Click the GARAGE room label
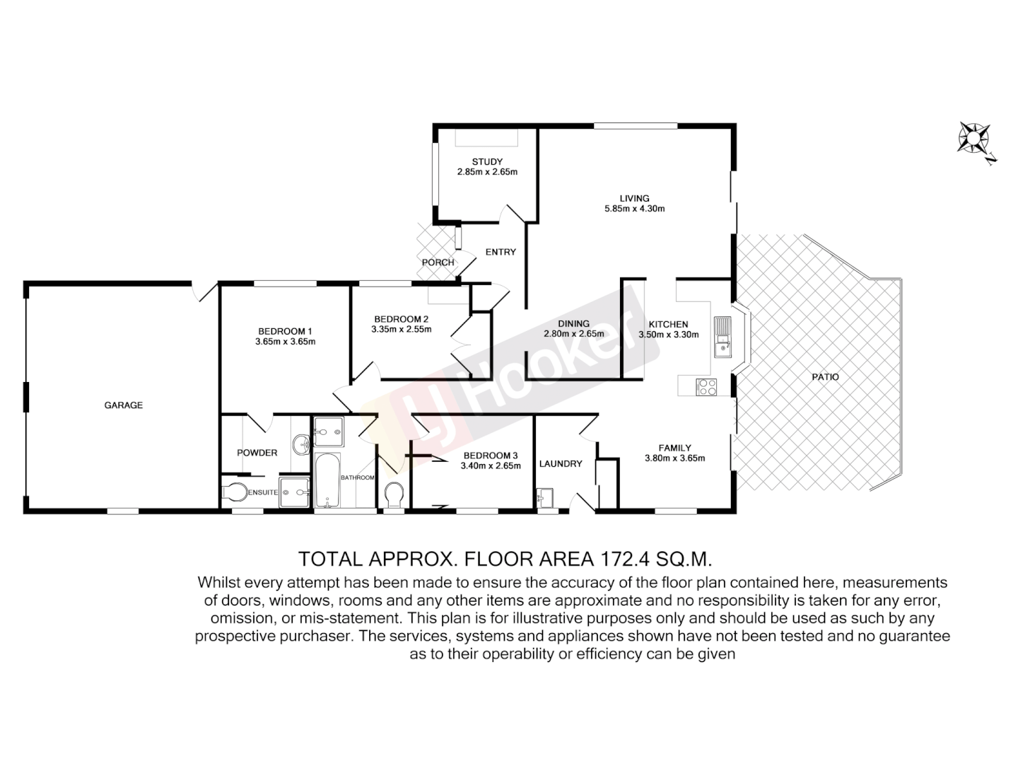(124, 405)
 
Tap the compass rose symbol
(973, 138)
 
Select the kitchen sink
(722, 337)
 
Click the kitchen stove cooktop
(707, 386)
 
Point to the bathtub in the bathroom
(327, 480)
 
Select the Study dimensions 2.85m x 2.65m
(487, 172)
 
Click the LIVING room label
(634, 198)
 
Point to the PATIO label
(825, 377)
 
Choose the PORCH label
(438, 262)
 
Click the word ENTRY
(501, 252)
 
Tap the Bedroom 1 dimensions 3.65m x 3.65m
(285, 342)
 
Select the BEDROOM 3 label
(491, 456)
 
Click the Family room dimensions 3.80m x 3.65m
(674, 458)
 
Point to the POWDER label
(257, 453)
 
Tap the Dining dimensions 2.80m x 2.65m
(573, 334)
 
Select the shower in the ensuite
(295, 492)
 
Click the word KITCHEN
(668, 325)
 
